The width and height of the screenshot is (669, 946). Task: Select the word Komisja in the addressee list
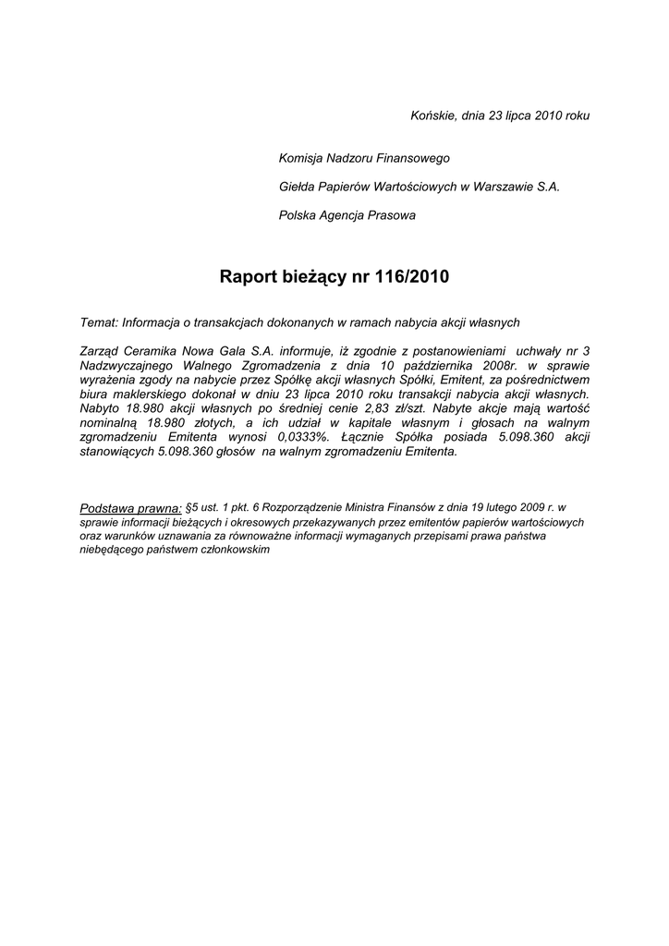click(x=302, y=159)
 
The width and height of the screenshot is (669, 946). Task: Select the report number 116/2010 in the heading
click(x=412, y=276)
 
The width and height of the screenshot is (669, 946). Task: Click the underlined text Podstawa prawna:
click(x=131, y=507)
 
